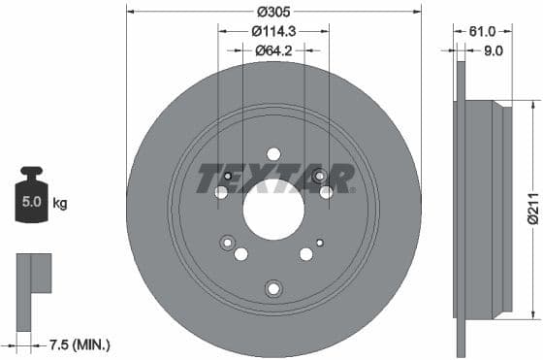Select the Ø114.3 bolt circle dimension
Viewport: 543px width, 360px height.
(x=273, y=31)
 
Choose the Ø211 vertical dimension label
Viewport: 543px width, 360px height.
(x=531, y=207)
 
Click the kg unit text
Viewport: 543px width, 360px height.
(x=59, y=204)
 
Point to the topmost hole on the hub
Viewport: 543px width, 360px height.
(x=273, y=153)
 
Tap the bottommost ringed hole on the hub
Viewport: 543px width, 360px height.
(x=273, y=287)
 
